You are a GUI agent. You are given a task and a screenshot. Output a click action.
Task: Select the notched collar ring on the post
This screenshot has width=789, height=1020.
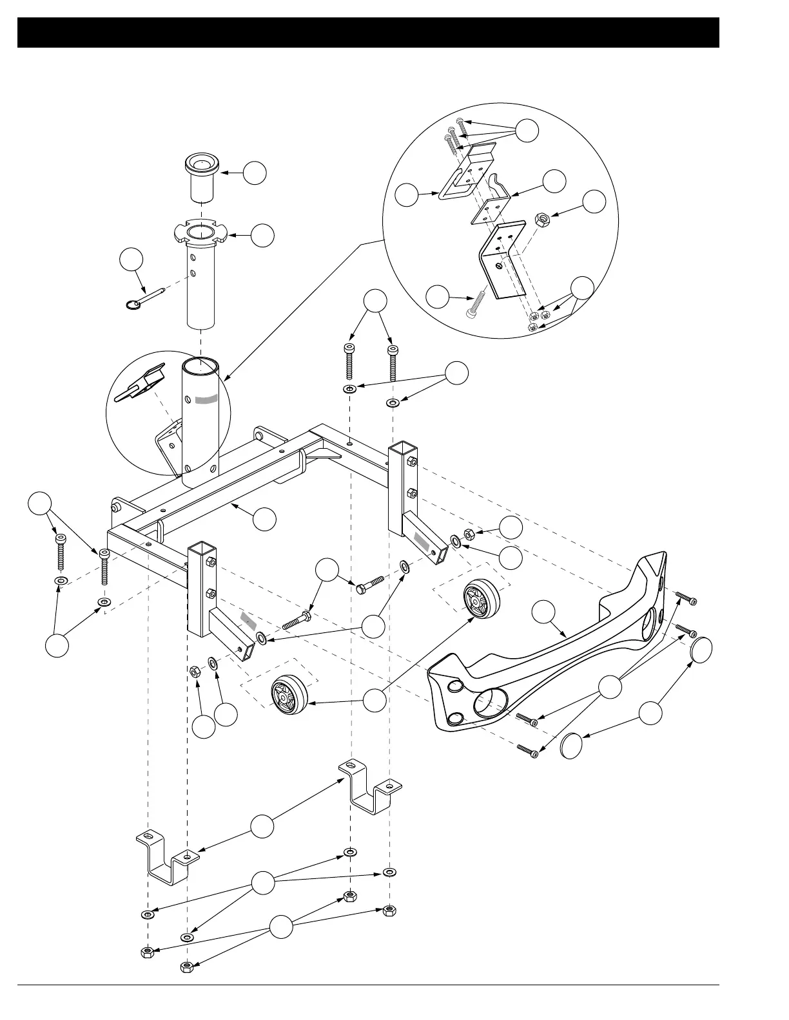point(200,232)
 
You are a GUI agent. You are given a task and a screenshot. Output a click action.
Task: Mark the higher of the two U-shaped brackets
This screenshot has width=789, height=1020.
point(370,788)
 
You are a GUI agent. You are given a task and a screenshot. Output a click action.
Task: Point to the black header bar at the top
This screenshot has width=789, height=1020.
point(368,32)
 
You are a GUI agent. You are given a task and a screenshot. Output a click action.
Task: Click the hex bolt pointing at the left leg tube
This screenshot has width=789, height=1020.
point(296,622)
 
